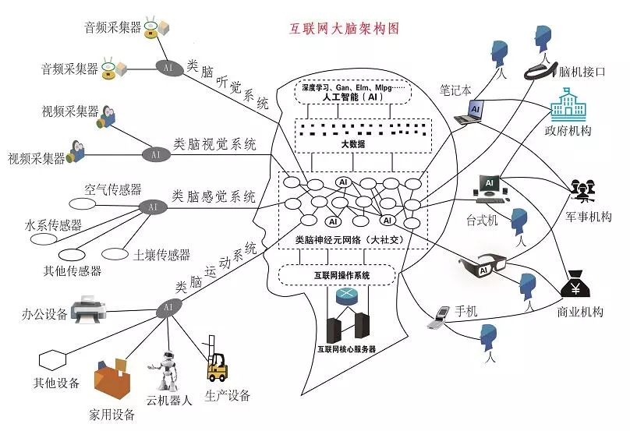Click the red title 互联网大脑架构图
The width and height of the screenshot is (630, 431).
(344, 29)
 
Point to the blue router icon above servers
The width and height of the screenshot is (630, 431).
(345, 297)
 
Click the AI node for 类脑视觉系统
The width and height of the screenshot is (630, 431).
(156, 154)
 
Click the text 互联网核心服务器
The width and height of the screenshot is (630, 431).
(346, 349)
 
